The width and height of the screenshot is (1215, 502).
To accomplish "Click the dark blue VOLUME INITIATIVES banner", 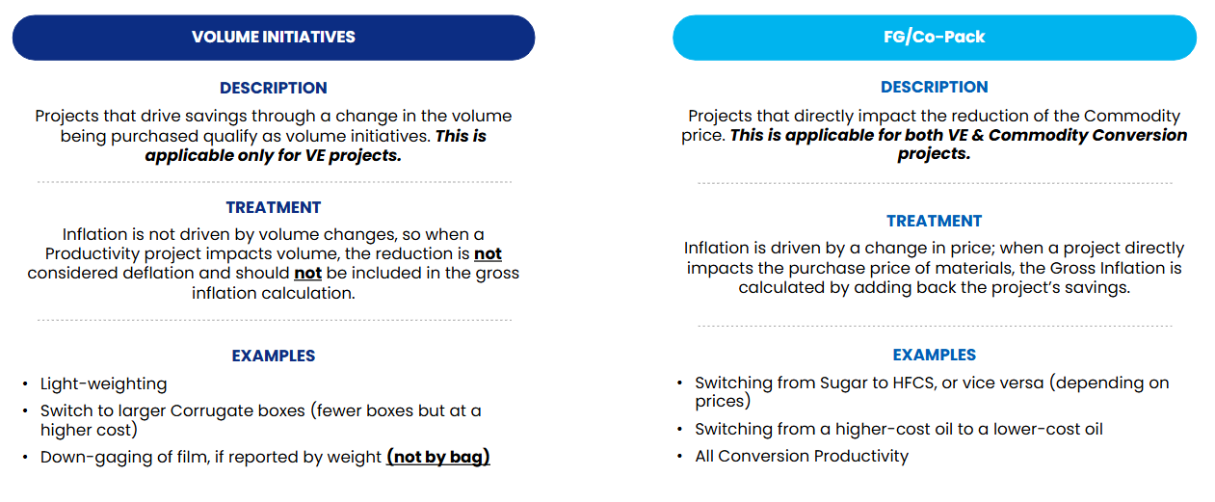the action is pos(274,38).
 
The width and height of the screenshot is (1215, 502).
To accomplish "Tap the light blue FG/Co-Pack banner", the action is pos(934,38).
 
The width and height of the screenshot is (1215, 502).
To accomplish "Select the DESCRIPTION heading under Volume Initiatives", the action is pos(274,88).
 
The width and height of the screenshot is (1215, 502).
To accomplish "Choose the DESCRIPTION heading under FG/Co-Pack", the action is pos(934,87).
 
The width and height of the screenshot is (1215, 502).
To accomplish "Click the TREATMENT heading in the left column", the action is pos(274,207).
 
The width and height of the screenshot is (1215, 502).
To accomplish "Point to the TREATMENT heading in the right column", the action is pos(934,221).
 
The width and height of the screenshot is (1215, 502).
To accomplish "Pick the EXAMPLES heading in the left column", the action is pos(274,356).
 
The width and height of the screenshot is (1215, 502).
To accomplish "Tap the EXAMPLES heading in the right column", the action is pos(934,355).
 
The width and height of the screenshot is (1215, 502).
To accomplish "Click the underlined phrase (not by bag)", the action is pos(438,457).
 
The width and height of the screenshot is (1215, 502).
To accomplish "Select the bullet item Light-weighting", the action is pos(104,383).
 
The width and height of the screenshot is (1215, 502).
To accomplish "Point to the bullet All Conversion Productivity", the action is pos(802,456).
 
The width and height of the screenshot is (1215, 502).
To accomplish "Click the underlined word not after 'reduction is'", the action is pos(488,253).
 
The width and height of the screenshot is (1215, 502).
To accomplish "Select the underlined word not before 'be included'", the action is pos(307,273).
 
